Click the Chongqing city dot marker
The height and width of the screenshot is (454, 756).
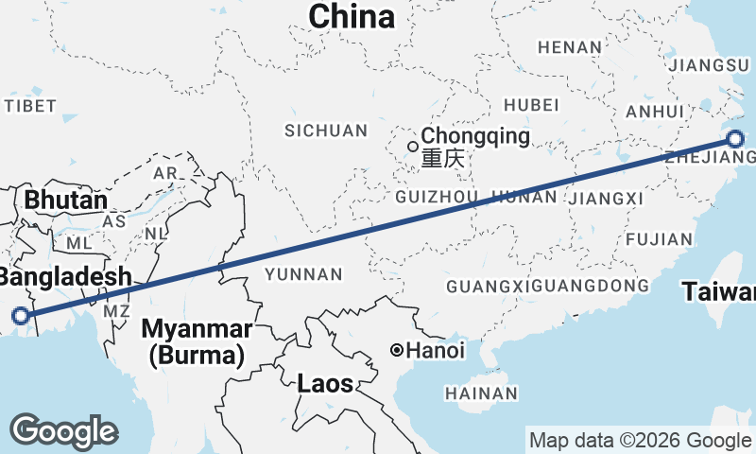click(413, 146)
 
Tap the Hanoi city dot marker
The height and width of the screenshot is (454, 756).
click(398, 351)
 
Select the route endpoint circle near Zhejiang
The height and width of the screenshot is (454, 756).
click(736, 140)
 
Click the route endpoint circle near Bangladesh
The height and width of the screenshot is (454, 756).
click(21, 317)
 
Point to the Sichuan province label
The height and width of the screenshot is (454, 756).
click(325, 131)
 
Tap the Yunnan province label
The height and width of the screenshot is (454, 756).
click(303, 274)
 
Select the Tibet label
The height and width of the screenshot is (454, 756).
click(30, 106)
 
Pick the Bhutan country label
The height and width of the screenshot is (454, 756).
click(65, 201)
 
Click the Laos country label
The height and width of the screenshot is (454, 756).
click(325, 384)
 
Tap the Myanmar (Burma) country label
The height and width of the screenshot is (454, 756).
click(197, 342)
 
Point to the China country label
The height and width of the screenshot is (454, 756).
click(352, 16)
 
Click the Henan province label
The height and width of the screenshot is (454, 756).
click(569, 47)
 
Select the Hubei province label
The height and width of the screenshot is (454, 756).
click(525, 104)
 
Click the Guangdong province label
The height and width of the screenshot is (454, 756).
click(591, 286)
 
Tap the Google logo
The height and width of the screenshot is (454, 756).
click(63, 431)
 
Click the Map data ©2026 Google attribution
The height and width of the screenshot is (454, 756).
click(640, 440)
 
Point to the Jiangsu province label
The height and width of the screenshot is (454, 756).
click(707, 65)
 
